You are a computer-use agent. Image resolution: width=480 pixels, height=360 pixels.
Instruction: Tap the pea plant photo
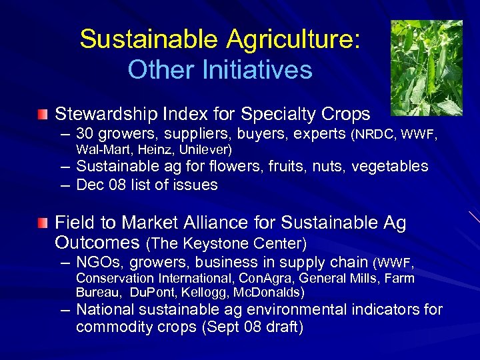(426, 67)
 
